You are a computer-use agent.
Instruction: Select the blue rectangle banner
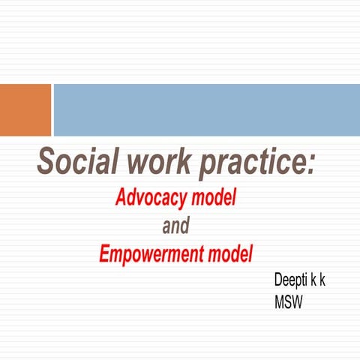coord(206,109)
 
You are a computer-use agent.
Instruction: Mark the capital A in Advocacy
coord(121,198)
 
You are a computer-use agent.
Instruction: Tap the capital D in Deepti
coord(278,280)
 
